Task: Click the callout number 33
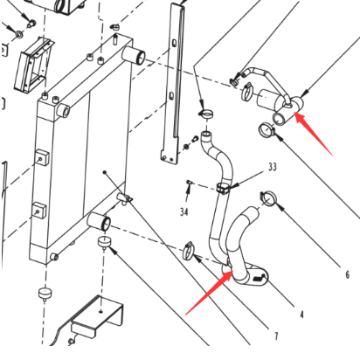pyautogui.click(x=273, y=167)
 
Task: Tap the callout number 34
pyautogui.click(x=184, y=211)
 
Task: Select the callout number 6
pyautogui.click(x=347, y=274)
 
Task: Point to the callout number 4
pyautogui.click(x=301, y=315)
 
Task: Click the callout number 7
pyautogui.click(x=276, y=336)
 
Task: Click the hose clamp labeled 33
pyautogui.click(x=224, y=188)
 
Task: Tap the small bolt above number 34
pyautogui.click(x=190, y=183)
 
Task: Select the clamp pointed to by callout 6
pyautogui.click(x=267, y=197)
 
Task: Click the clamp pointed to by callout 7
pyautogui.click(x=189, y=251)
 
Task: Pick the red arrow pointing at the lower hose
pyautogui.click(x=209, y=292)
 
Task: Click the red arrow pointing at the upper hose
pyautogui.click(x=314, y=134)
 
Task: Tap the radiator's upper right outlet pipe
pyautogui.click(x=134, y=55)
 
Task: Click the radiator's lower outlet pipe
pyautogui.click(x=99, y=221)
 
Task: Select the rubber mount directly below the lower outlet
pyautogui.click(x=103, y=242)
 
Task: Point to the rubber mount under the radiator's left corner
pyautogui.click(x=45, y=293)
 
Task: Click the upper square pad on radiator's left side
pyautogui.click(x=41, y=157)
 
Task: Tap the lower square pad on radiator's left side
pyautogui.click(x=39, y=211)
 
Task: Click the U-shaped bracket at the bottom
pyautogui.click(x=98, y=316)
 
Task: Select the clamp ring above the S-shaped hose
pyautogui.click(x=206, y=114)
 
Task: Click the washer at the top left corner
pyautogui.click(x=19, y=34)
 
